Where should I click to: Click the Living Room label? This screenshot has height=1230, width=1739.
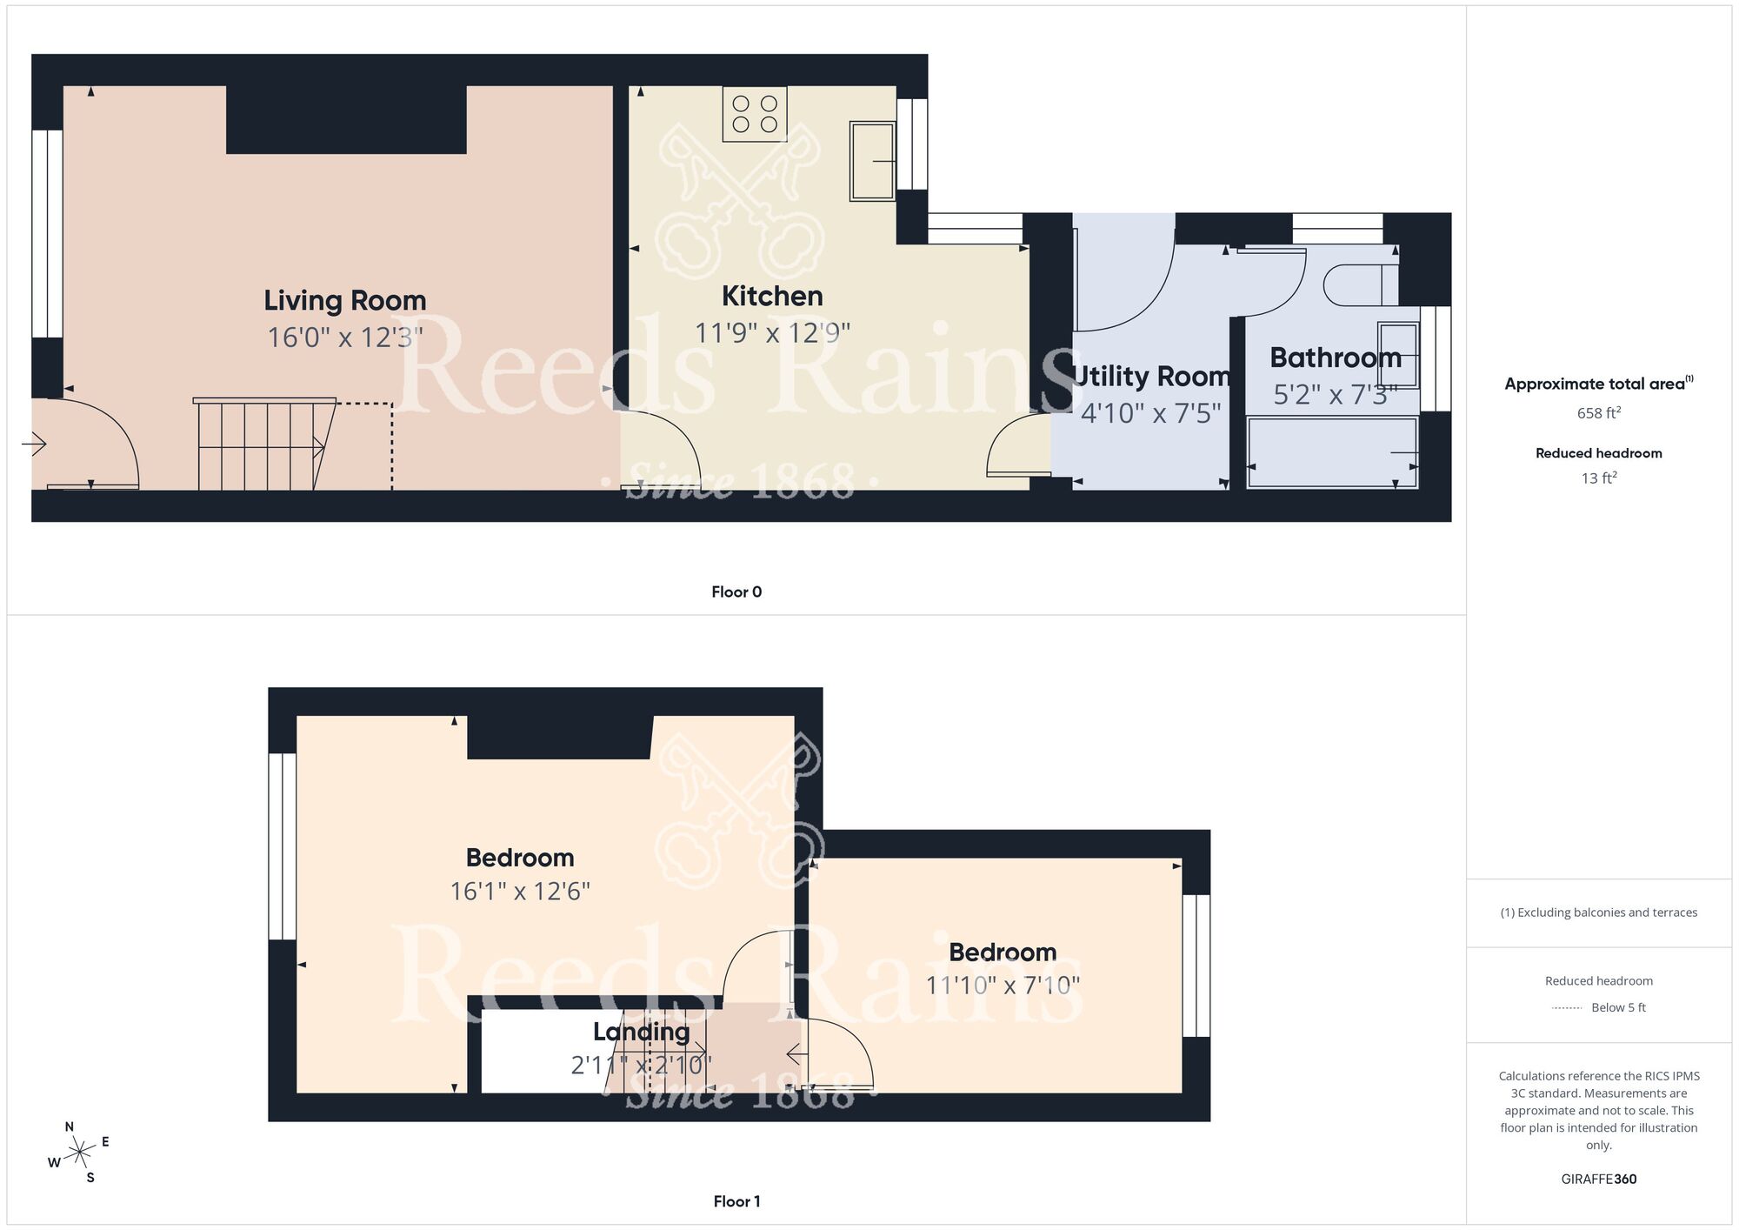click(345, 301)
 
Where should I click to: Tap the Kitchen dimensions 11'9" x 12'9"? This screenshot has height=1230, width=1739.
click(772, 333)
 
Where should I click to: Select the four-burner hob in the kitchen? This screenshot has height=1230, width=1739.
click(755, 114)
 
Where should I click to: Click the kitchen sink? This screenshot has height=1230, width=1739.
click(872, 161)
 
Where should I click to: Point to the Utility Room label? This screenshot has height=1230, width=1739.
click(1151, 377)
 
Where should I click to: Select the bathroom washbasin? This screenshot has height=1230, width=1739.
click(1397, 355)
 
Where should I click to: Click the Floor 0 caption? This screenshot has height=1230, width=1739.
click(736, 592)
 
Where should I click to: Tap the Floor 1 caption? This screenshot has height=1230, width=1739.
click(736, 1201)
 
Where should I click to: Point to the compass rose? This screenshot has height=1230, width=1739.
click(80, 1153)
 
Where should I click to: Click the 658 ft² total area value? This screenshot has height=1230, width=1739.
click(1598, 413)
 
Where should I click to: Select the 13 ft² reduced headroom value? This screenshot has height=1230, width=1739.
click(1598, 478)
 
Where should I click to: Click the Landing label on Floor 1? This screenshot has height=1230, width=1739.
click(641, 1033)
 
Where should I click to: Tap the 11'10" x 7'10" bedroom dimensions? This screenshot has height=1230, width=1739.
click(1003, 986)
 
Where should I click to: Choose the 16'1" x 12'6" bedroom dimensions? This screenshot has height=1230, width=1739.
click(520, 892)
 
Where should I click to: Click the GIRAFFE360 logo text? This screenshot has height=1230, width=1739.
click(1598, 1180)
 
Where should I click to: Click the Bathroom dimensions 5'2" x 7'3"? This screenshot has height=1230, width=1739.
click(1335, 395)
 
